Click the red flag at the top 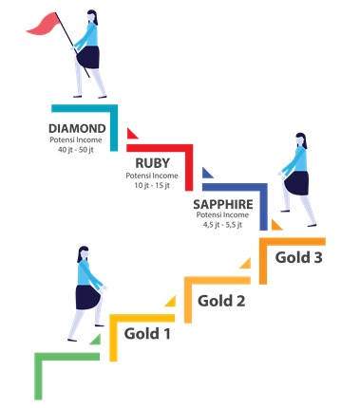tap(43, 24)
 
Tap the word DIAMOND tap(77, 128)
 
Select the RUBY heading tap(153, 163)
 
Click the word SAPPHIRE tap(223, 204)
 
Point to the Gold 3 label tap(298, 257)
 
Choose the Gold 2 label tap(221, 301)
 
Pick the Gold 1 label tap(147, 334)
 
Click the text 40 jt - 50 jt tap(76, 150)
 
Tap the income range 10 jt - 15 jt tap(152, 185)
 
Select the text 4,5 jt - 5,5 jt tap(222, 225)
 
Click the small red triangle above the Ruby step tap(132, 134)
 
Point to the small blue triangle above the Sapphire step tap(207, 173)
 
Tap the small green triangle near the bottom tap(96, 340)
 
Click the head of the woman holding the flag tap(92, 17)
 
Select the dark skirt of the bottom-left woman tap(88, 297)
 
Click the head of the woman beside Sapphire tap(301, 140)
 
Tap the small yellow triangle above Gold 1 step tap(171, 302)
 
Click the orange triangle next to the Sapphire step tap(275, 225)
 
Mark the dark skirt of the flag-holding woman tap(88, 57)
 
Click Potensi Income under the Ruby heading tap(152, 176)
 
